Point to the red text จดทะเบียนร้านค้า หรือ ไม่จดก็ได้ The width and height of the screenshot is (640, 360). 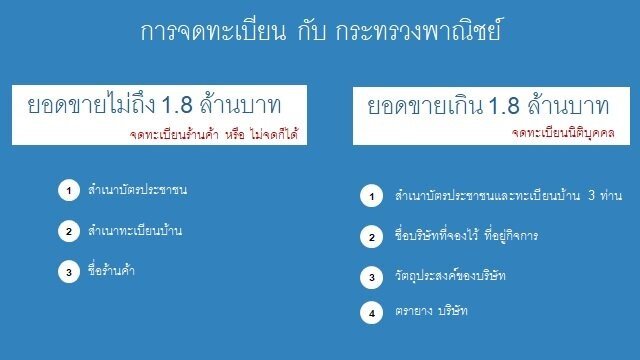point(215,133)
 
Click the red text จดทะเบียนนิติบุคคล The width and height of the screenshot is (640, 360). point(562,133)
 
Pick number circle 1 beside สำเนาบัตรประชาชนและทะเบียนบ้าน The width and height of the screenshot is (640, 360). point(371,196)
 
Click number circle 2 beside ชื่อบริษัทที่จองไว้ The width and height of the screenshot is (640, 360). point(371,237)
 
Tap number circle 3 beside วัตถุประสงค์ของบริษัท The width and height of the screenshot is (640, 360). point(371,276)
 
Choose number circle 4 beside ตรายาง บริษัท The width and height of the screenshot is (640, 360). point(371,313)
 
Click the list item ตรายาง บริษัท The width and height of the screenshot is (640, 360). point(432,312)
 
